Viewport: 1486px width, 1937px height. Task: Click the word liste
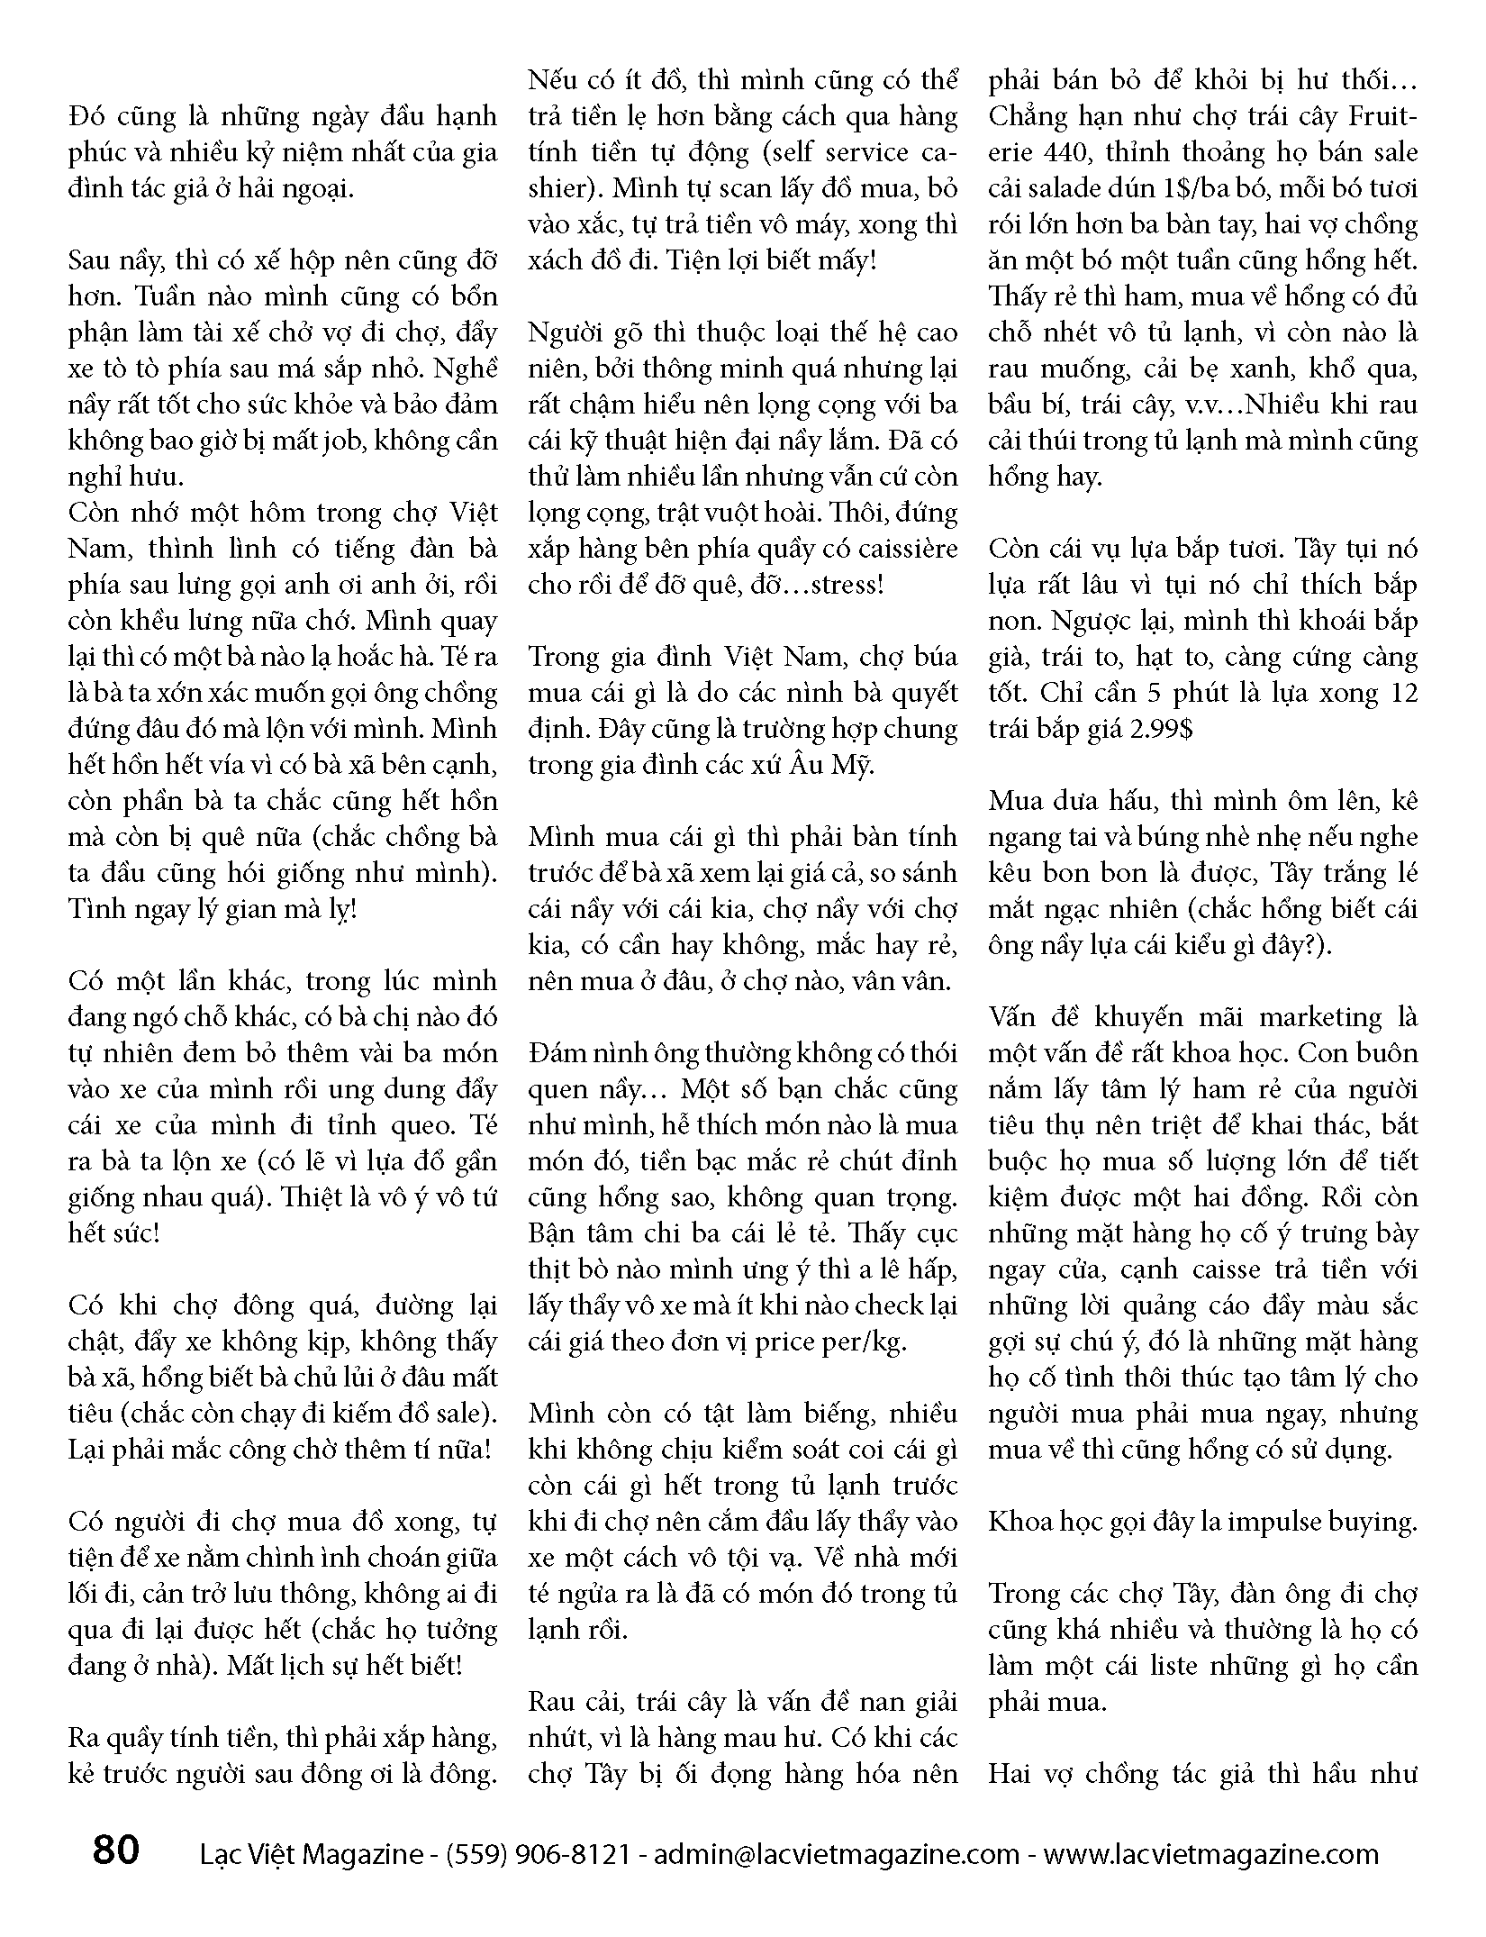[1170, 1666]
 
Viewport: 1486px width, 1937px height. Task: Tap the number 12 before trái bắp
[1401, 693]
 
